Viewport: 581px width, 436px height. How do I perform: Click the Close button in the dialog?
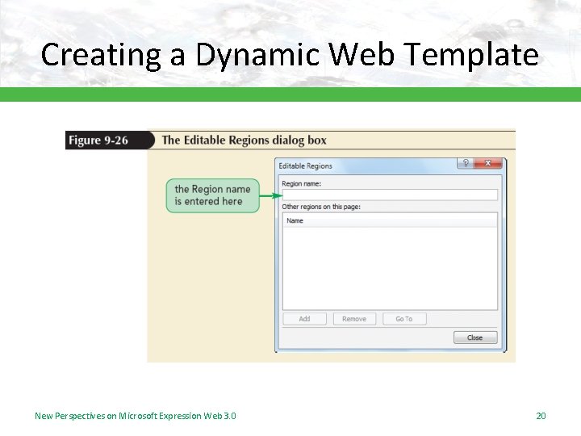point(475,337)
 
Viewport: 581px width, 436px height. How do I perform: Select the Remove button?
point(354,319)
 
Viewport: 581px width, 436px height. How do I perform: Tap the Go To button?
point(404,319)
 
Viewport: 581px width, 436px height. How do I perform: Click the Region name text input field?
point(389,195)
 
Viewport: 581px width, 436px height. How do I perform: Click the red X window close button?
point(487,163)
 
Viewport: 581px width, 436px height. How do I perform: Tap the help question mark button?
point(466,163)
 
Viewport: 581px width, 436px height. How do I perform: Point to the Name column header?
point(295,220)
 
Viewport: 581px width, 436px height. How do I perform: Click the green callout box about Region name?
point(213,195)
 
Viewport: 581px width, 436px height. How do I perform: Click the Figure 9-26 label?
point(98,140)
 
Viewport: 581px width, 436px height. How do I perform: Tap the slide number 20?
point(541,416)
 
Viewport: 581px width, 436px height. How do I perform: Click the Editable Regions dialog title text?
point(306,166)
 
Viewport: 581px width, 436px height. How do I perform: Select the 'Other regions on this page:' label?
point(321,207)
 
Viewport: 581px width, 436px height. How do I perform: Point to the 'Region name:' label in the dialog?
point(302,184)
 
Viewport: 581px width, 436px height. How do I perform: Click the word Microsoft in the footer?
point(140,416)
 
